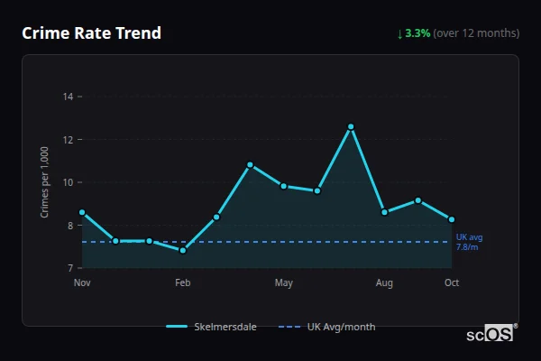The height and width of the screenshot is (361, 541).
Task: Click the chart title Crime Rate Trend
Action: click(92, 33)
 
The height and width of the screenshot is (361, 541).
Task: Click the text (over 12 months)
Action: click(476, 33)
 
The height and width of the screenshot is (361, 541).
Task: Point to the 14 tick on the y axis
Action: click(68, 96)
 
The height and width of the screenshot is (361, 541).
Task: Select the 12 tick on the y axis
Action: click(68, 139)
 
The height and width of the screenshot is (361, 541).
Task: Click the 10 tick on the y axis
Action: click(68, 182)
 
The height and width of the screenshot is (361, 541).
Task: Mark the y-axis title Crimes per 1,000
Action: click(44, 182)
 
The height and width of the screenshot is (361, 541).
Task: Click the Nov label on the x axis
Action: click(82, 283)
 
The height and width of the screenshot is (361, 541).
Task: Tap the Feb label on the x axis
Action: click(182, 283)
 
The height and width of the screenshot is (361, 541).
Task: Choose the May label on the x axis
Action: click(284, 283)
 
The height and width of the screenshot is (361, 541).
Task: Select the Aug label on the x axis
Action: click(384, 283)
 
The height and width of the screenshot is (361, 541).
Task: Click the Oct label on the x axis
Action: click(452, 283)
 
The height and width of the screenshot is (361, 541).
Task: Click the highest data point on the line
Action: click(351, 126)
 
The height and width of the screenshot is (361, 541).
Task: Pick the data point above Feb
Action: click(183, 250)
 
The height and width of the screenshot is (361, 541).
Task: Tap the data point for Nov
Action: click(82, 212)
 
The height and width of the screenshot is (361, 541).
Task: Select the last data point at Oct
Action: click(452, 219)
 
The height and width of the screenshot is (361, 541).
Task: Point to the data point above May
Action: click(284, 186)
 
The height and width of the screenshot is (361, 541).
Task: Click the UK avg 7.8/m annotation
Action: click(468, 242)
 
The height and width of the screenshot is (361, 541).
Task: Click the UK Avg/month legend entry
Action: click(328, 327)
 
